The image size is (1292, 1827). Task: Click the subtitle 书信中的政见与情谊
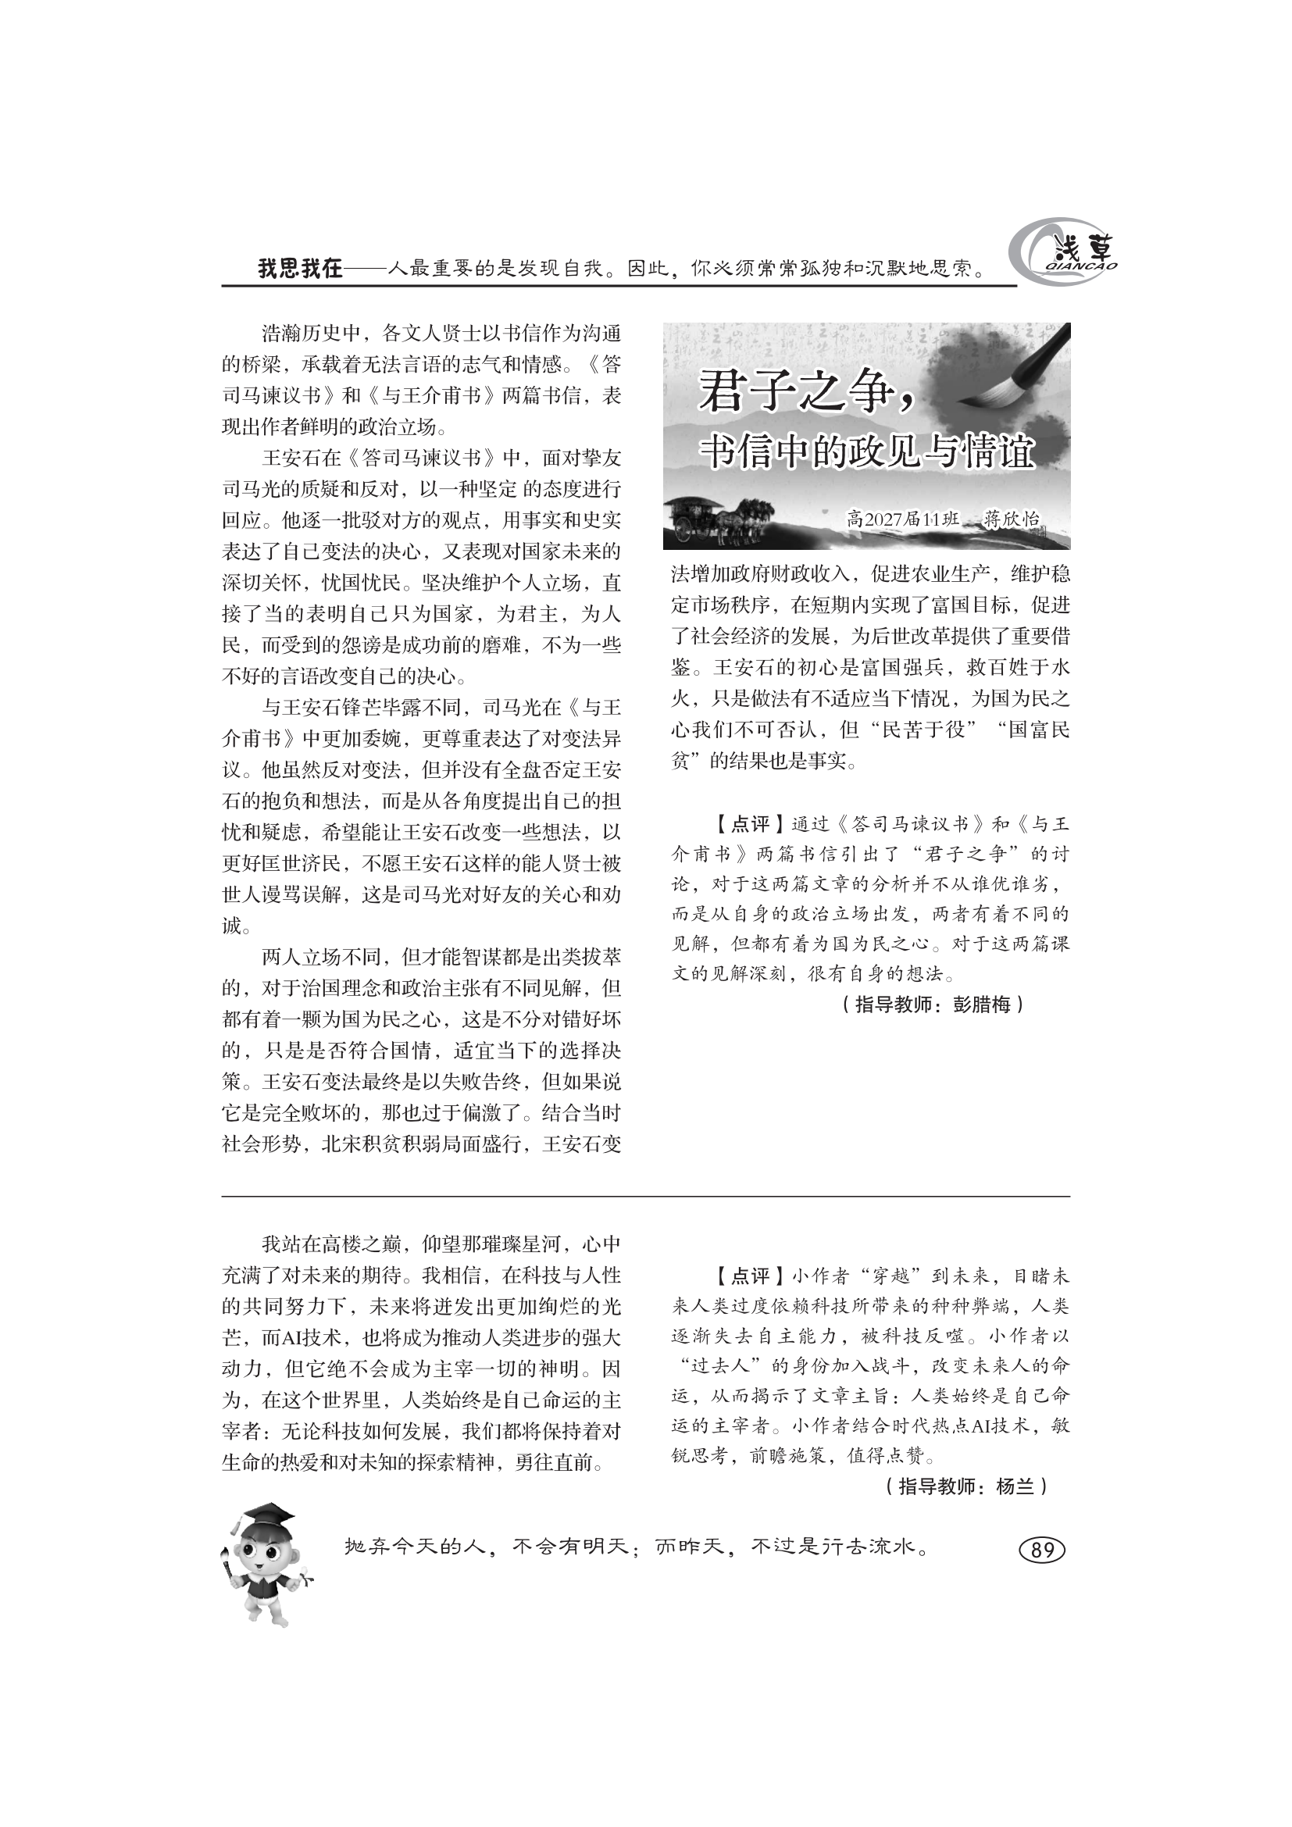[x=867, y=454]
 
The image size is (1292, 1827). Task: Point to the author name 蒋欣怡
[x=1011, y=519]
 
